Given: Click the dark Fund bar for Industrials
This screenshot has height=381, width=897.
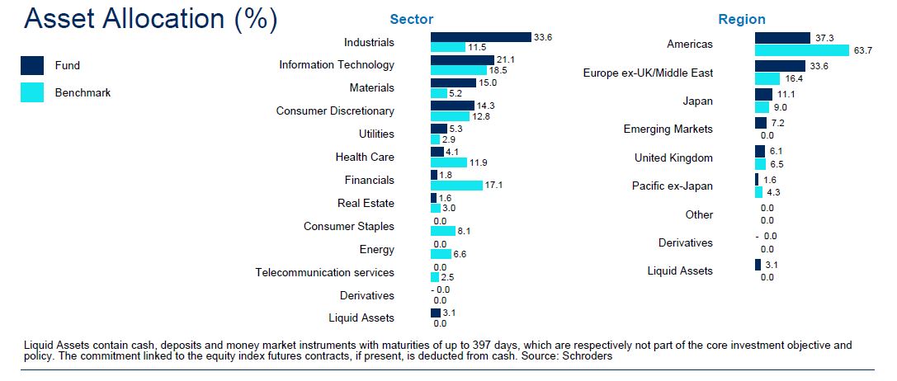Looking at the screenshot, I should [480, 37].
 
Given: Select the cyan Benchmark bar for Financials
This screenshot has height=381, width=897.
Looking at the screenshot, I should [456, 186].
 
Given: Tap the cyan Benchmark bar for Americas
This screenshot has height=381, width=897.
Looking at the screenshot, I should [801, 50].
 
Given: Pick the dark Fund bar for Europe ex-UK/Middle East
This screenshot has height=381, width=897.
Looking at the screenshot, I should [780, 66].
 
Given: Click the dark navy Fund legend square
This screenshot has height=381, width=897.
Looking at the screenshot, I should [33, 66].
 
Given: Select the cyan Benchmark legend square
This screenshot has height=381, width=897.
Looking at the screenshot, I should [33, 92].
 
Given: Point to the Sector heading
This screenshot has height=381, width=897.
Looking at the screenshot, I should [411, 19].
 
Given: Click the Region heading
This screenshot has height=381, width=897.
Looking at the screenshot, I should [742, 19].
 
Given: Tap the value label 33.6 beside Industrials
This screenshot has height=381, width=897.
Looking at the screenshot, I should [543, 36].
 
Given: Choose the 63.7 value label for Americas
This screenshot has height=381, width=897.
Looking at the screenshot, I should [863, 51].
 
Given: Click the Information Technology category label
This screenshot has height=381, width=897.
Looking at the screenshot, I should [337, 64].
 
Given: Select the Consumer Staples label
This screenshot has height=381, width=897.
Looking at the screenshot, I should [349, 226].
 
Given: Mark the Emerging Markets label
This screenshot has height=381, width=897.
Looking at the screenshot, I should [668, 129].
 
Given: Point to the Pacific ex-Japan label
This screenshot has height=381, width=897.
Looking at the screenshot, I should [672, 186].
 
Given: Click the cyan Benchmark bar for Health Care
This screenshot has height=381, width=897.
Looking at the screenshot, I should [448, 162].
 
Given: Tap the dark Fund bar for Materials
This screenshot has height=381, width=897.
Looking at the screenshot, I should [453, 82].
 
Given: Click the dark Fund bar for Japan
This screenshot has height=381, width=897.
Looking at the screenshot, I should [763, 94].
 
